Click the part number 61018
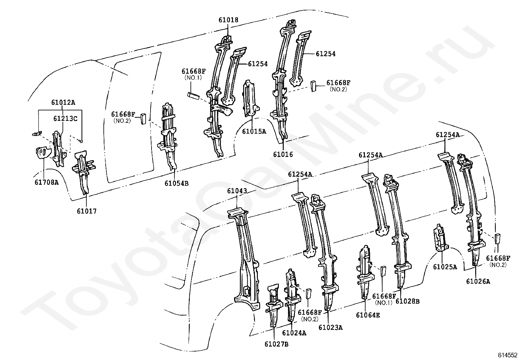228,20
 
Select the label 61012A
63,103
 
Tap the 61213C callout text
65,118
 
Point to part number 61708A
46,182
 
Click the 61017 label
87,211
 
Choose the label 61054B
176,183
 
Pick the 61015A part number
254,131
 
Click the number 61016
283,155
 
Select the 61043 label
238,191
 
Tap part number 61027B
277,344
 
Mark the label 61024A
294,333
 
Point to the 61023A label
331,327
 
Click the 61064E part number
368,315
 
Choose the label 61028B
407,301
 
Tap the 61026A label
478,281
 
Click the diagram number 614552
508,355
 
